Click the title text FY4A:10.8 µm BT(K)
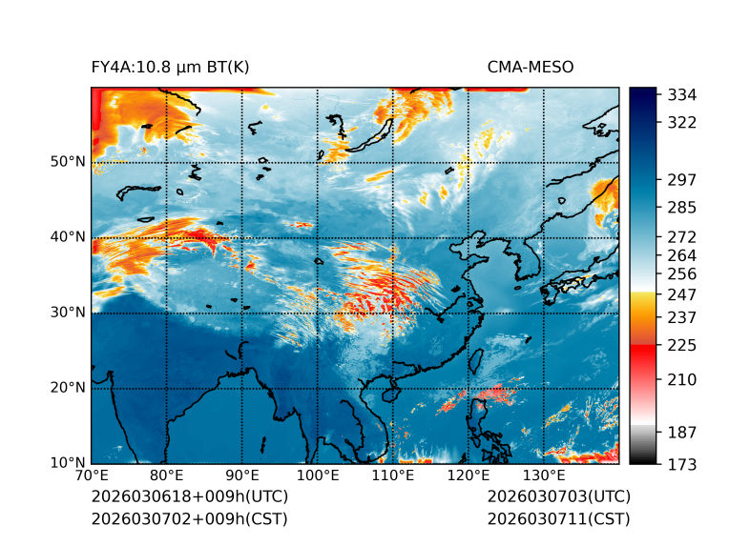tap(170, 67)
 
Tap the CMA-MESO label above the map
tap(530, 67)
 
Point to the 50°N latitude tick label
tap(68, 162)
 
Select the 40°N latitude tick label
tap(68, 237)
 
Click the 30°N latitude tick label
tap(68, 313)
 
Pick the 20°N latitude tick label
tap(68, 388)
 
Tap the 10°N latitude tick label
tap(68, 463)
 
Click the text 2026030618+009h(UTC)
tap(189, 497)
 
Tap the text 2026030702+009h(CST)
tap(189, 519)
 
